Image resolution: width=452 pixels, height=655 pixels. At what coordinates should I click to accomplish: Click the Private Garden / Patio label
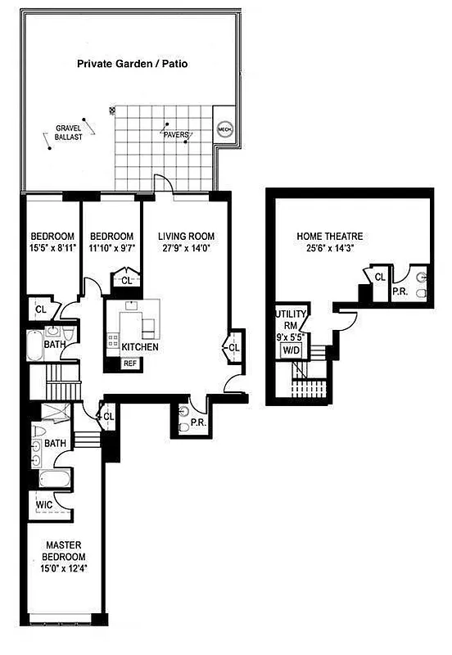pos(132,63)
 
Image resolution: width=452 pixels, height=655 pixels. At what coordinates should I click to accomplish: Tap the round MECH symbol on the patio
pos(224,129)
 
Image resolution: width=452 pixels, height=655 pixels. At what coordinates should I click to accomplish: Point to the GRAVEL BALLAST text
pos(70,133)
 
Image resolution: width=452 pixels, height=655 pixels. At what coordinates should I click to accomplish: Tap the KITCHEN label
pos(140,347)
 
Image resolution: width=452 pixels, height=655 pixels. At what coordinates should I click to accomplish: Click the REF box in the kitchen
pos(130,364)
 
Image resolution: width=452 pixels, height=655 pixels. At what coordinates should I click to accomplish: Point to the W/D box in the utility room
pos(291,350)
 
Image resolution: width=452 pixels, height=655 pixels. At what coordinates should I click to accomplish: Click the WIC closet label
pos(43,505)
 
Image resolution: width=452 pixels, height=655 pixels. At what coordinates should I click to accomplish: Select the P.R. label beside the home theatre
pos(400,291)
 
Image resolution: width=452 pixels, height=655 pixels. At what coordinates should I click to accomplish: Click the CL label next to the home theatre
pos(380,278)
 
